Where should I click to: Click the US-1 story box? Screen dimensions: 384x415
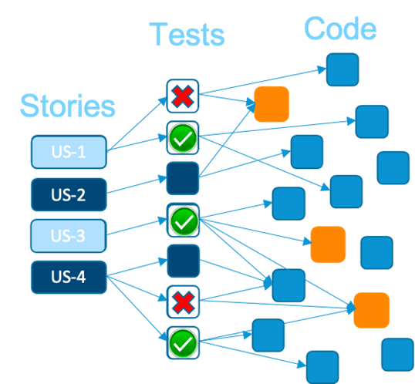pos(68,152)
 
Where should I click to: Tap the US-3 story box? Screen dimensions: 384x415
pos(68,235)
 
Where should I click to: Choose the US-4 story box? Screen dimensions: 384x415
pos(68,277)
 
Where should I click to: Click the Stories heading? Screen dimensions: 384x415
pos(68,106)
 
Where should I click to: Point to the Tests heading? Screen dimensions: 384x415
pos(187,35)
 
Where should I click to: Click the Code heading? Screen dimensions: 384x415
pos(340,29)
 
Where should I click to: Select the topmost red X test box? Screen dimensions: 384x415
pos(183,96)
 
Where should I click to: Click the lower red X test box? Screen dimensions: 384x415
pos(183,301)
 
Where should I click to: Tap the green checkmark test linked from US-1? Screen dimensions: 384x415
pos(183,139)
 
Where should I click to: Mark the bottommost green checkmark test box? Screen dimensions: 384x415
pos(183,342)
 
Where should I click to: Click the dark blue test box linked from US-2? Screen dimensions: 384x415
pos(183,179)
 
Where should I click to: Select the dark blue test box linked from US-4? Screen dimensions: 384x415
pos(183,261)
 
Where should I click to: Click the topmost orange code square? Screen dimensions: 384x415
pos(272,104)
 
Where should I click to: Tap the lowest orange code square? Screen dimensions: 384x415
pos(371,309)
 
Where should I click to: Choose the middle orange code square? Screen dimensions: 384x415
pos(327,244)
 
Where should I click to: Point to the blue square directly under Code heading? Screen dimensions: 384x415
pos(342,69)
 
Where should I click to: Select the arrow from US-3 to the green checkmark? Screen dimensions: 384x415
pos(137,228)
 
